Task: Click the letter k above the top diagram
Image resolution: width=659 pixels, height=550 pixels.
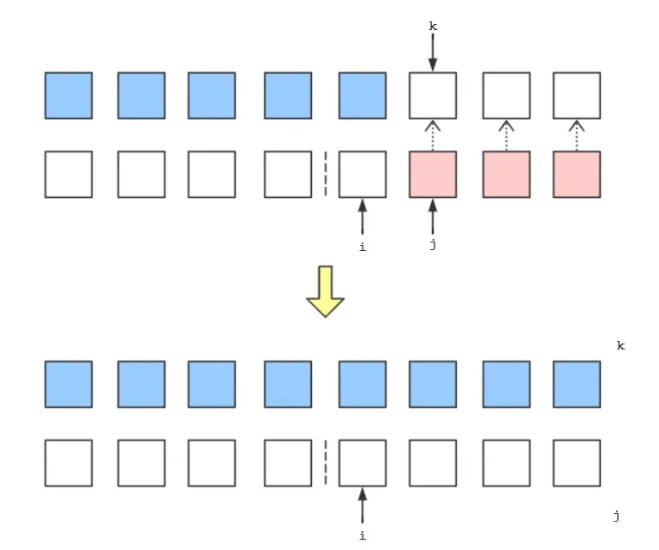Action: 433,27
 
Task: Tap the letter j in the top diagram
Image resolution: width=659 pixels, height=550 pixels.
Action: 433,246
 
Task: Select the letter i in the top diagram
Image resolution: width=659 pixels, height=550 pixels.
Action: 362,246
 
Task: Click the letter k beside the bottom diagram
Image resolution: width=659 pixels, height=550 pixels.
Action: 620,345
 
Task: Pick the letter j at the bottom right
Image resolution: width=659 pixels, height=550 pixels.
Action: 615,516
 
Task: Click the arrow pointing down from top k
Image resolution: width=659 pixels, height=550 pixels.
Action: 433,54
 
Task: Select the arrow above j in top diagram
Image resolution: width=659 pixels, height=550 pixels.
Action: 433,217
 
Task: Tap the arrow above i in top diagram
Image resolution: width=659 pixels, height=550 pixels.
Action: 362,217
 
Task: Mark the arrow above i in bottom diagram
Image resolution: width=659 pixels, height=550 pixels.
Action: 362,505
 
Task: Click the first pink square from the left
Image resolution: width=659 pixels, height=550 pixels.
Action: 433,174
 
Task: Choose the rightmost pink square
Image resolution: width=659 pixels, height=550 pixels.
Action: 577,174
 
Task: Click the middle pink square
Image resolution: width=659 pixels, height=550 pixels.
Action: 506,174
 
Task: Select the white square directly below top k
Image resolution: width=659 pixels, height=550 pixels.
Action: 433,95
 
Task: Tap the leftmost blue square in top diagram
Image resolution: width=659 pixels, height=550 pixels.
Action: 69,95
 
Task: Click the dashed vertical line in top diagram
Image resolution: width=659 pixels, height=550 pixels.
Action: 326,174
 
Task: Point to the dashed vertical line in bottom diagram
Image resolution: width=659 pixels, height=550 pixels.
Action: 326,463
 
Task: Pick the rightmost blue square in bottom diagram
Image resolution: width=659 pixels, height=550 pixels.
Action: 577,384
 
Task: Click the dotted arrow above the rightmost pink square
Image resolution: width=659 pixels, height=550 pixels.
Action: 577,135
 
